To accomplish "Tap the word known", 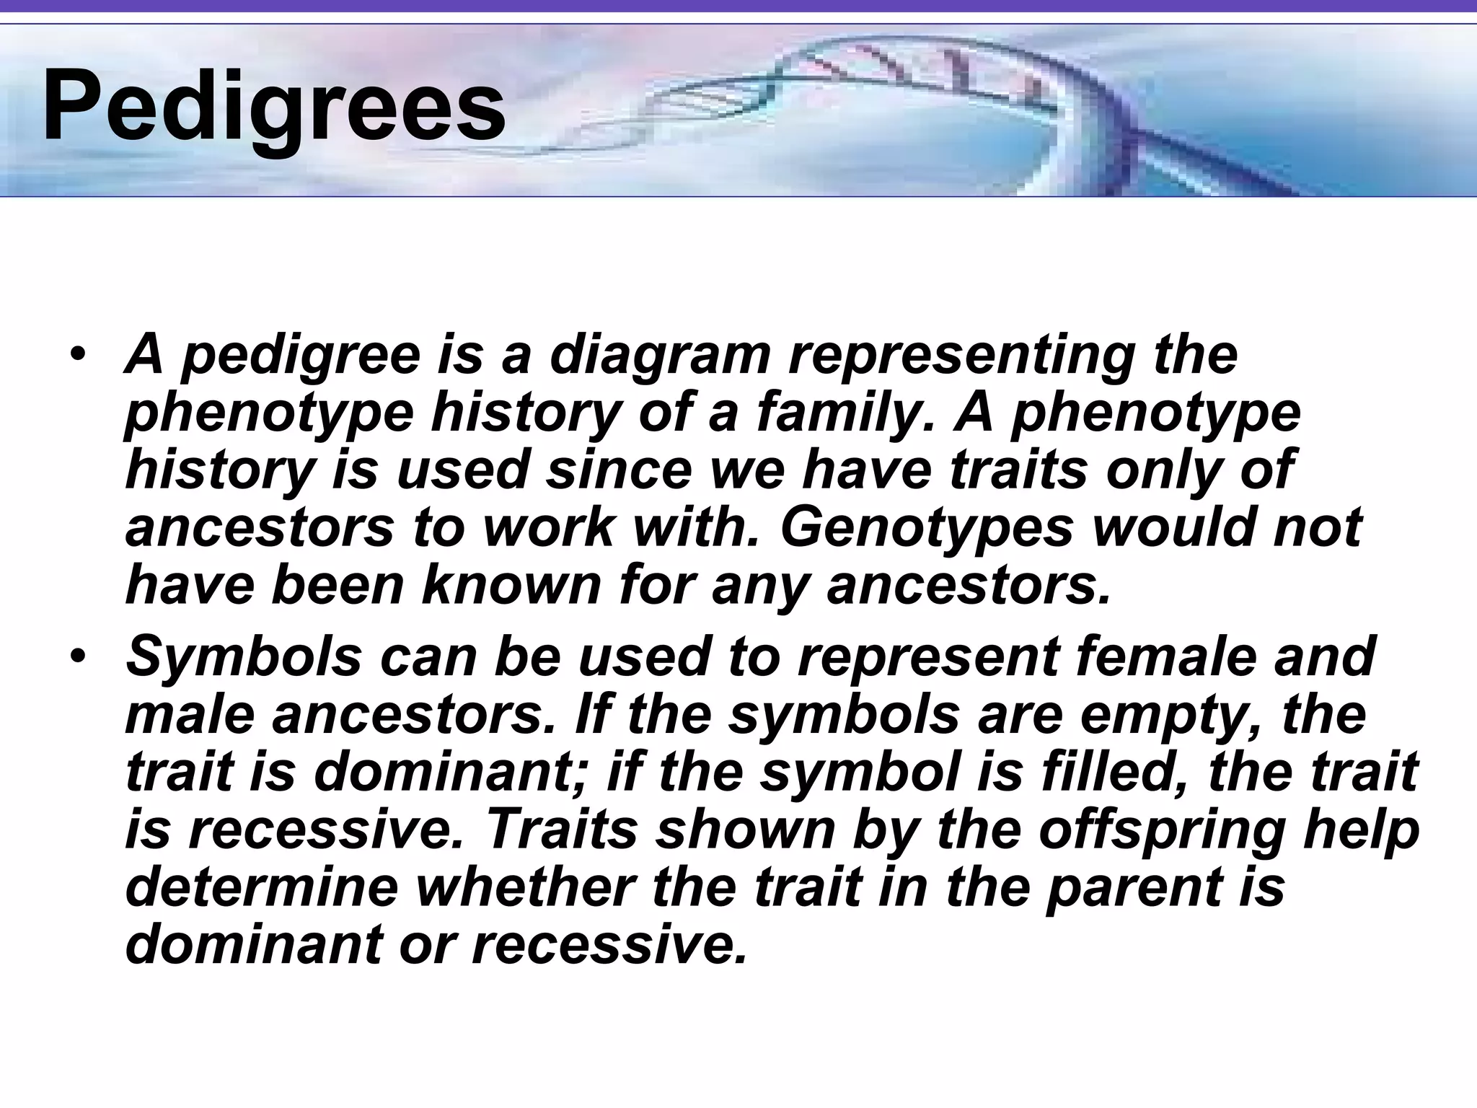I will click(511, 585).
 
